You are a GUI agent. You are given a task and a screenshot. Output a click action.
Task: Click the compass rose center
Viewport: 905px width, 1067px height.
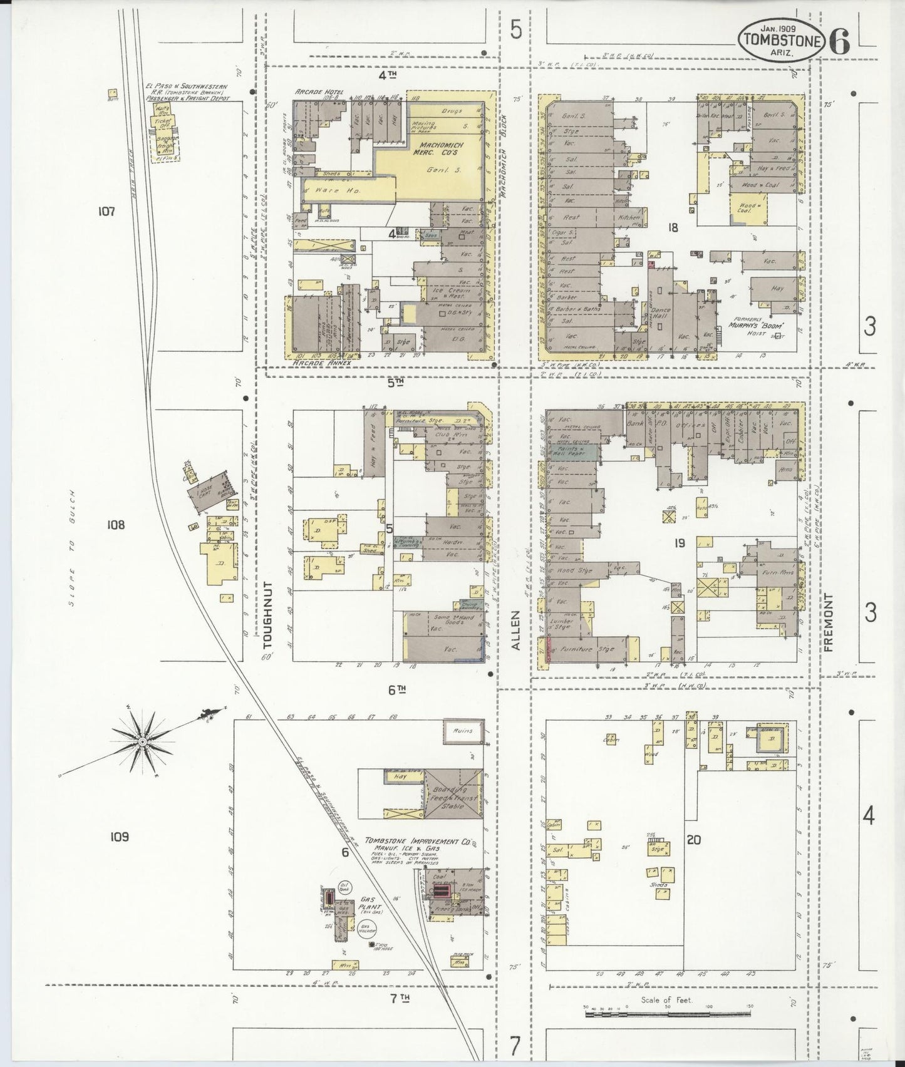point(143,741)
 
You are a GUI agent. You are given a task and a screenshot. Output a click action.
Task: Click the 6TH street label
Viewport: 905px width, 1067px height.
point(396,690)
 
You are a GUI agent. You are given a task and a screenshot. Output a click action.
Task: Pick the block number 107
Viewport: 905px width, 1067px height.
point(106,212)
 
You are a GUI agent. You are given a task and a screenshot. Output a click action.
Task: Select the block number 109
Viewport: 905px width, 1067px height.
point(119,836)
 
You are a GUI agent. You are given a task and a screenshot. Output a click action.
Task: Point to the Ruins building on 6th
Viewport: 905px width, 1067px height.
point(463,731)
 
